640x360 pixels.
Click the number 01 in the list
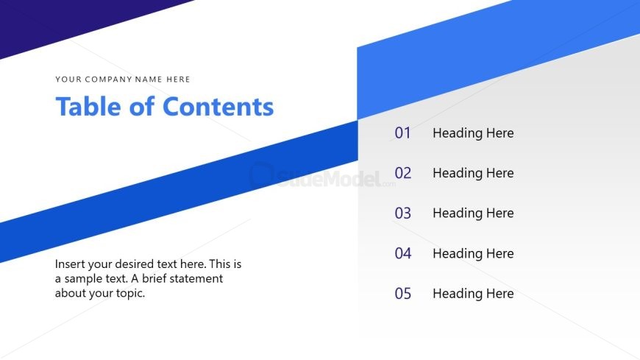402,133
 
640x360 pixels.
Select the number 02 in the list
402,173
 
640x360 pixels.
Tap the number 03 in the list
402,213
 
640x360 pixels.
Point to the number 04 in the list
402,253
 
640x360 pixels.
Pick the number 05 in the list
402,294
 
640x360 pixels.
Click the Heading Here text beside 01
473,133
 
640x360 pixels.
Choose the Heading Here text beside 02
473,173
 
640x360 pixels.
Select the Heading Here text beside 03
473,213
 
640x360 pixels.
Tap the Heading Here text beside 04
473,253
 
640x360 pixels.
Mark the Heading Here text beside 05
473,294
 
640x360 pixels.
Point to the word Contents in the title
218,107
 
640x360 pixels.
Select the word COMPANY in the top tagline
110,80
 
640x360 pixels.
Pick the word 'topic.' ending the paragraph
128,293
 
